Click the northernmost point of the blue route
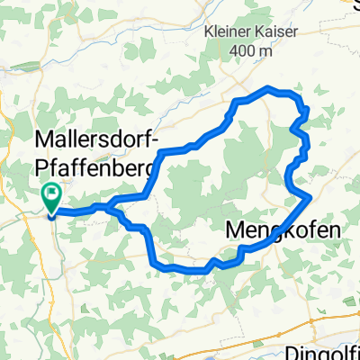(268, 87)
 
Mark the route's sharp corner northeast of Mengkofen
(310, 195)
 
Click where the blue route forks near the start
(111, 206)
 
